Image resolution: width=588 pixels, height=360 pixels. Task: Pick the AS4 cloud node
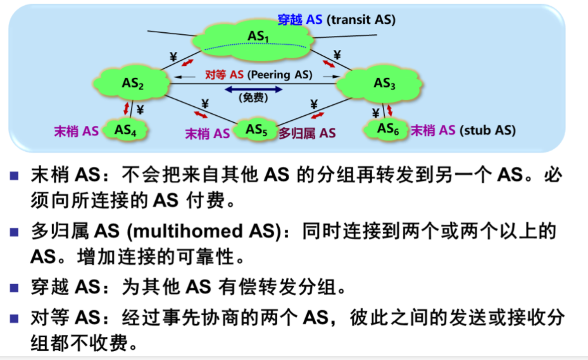[125, 130]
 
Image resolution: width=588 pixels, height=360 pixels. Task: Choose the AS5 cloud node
[256, 130]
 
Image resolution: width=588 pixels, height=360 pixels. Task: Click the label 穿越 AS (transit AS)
[336, 20]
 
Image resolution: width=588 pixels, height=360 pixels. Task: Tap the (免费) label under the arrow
[253, 98]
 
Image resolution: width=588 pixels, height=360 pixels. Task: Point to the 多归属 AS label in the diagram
[307, 133]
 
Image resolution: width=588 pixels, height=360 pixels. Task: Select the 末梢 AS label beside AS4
[76, 131]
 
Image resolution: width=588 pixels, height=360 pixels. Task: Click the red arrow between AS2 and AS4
[126, 108]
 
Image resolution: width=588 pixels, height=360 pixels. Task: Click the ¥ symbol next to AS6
[375, 113]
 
